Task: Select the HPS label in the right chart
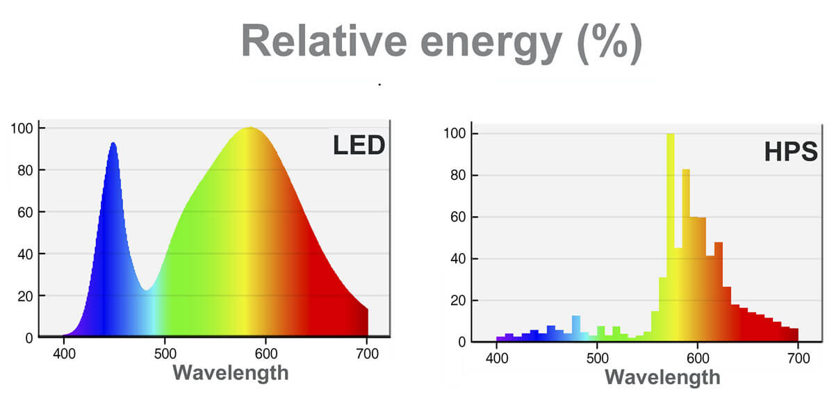coord(791,152)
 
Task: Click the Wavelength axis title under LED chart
coord(230,372)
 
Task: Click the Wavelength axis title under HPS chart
coord(662,377)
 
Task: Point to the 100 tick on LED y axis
coord(23,129)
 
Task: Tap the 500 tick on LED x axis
coord(165,354)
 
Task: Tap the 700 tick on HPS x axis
coord(798,358)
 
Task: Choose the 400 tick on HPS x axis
coord(496,358)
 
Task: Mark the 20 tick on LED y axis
coord(26,296)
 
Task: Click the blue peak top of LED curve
coord(113,144)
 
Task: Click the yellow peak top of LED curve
coord(249,129)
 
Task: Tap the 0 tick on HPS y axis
coord(462,342)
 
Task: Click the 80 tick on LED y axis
coord(26,170)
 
